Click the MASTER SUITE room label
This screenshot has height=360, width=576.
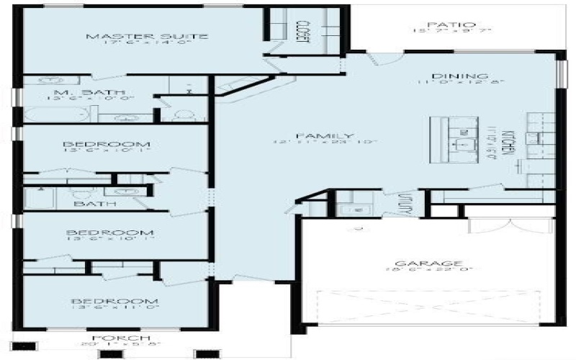147,37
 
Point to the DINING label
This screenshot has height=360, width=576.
460,76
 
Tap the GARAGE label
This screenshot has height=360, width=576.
433,264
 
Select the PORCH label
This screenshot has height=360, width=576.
120,338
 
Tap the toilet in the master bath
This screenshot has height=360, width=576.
182,115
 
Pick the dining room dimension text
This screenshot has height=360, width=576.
459,84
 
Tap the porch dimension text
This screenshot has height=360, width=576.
120,345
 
